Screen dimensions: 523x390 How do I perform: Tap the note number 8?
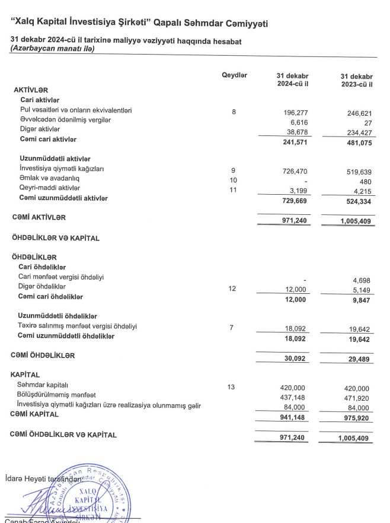(x=234, y=111)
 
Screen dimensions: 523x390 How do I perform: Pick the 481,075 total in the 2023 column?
(x=360, y=143)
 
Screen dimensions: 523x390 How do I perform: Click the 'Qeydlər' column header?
(x=234, y=76)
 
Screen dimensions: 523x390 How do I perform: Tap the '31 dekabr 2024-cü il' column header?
(x=292, y=81)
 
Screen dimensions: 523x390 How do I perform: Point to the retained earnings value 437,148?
(x=297, y=397)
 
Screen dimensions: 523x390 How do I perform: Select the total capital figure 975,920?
(x=360, y=417)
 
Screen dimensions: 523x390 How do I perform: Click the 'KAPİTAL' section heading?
(x=25, y=375)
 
